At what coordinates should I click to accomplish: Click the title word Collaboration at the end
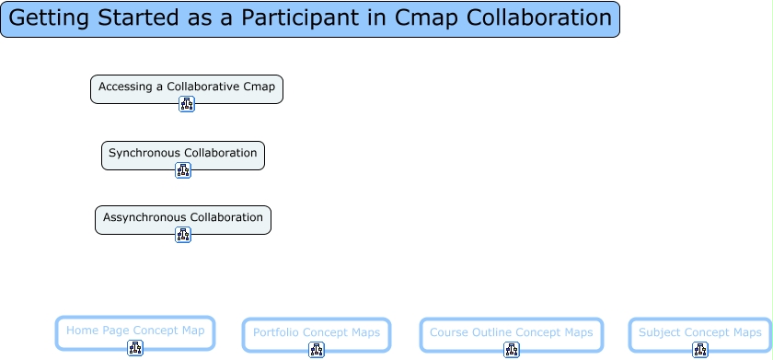(x=539, y=17)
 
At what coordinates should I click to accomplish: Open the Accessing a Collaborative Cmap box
(x=186, y=89)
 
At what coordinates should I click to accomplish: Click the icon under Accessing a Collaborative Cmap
(x=186, y=104)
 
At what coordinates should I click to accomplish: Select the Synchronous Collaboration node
(x=183, y=156)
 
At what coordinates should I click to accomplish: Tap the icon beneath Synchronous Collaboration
(x=183, y=170)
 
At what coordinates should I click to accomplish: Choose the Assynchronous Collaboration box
(x=183, y=220)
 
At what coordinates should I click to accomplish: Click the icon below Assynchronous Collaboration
(x=183, y=235)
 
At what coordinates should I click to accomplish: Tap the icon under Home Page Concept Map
(x=135, y=348)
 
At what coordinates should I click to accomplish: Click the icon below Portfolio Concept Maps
(x=317, y=350)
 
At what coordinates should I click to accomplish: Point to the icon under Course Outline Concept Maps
(x=512, y=350)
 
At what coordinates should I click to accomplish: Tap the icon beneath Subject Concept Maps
(x=700, y=350)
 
